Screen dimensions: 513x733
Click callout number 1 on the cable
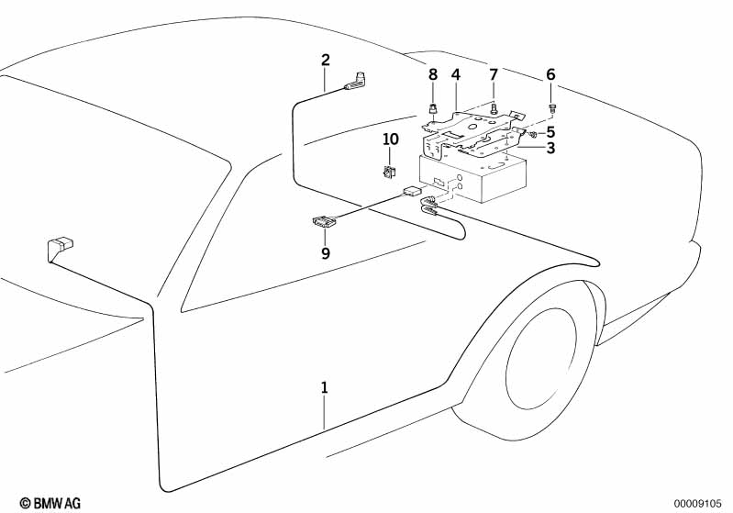point(324,388)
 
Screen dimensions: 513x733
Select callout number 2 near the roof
point(325,61)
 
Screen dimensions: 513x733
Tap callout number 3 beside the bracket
point(550,148)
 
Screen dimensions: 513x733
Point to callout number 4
point(455,73)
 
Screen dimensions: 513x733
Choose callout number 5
point(550,131)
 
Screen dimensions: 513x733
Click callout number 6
point(550,73)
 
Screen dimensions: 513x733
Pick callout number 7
point(493,73)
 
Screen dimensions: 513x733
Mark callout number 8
point(433,73)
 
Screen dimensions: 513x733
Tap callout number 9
point(325,252)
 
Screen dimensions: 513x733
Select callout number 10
point(391,139)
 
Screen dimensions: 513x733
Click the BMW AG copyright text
point(50,503)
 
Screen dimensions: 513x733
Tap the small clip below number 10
point(389,171)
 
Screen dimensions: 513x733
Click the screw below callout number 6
point(551,108)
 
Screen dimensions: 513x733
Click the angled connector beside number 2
point(357,83)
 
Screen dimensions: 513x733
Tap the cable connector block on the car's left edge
point(59,249)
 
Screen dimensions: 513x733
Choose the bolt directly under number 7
point(494,107)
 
